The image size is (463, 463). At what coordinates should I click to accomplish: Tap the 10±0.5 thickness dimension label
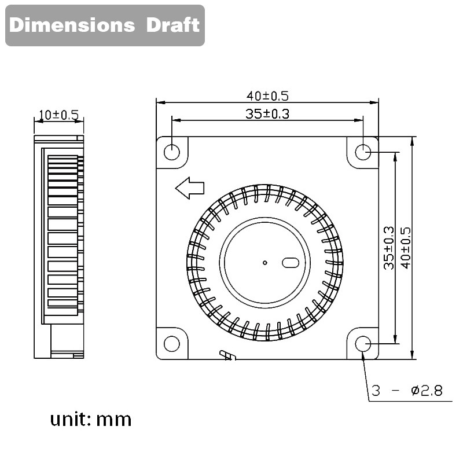[58, 115]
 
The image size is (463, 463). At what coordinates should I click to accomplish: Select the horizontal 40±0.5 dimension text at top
[267, 95]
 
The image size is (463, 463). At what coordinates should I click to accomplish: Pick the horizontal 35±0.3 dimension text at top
[267, 113]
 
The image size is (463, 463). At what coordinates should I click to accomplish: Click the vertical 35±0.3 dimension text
[388, 247]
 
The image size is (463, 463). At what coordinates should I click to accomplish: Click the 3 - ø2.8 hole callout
[407, 391]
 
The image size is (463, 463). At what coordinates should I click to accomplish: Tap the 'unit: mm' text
[91, 418]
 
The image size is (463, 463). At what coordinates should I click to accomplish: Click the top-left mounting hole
[172, 152]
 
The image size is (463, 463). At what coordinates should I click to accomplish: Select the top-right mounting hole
[363, 152]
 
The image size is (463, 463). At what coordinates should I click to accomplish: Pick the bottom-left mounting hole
[172, 344]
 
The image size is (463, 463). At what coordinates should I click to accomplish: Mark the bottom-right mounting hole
[363, 344]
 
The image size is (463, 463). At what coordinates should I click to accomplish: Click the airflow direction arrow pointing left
[190, 188]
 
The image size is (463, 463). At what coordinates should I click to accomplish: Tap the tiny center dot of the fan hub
[264, 263]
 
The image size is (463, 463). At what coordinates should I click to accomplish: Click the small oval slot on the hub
[290, 263]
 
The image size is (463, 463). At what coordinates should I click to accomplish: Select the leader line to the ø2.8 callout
[366, 376]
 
